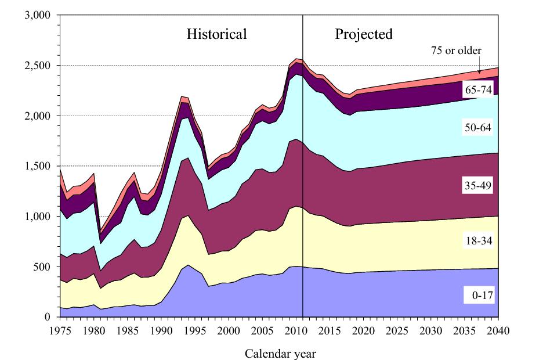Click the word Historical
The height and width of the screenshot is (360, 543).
[x=216, y=34]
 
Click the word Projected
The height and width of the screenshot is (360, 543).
[x=364, y=34]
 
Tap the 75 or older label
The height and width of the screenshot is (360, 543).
[x=456, y=51]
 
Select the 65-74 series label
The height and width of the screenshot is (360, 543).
[x=478, y=90]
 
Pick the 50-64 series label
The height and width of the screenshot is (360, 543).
[x=478, y=127]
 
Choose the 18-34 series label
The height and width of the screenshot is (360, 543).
[x=478, y=240]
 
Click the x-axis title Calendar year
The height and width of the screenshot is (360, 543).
[x=280, y=353]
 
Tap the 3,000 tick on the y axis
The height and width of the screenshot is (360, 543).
[x=38, y=15]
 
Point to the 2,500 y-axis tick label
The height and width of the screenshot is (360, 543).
[x=38, y=66]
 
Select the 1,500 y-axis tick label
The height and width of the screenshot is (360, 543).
[x=38, y=166]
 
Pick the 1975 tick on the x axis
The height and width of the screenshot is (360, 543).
[x=60, y=331]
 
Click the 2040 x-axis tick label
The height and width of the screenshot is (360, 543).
[x=498, y=331]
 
